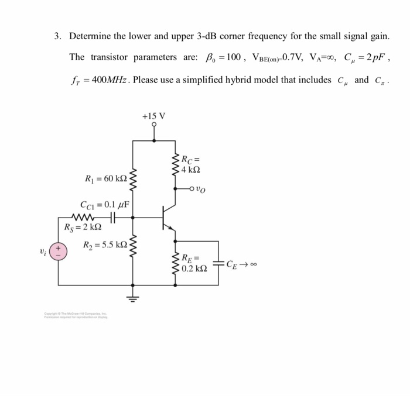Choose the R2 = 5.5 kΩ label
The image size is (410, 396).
click(x=105, y=245)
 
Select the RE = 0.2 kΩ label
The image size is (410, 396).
click(x=194, y=264)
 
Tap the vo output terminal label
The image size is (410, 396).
click(x=201, y=189)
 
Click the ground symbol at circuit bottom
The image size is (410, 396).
click(x=132, y=295)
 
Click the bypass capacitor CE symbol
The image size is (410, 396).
click(x=218, y=264)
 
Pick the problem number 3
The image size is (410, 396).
click(x=57, y=36)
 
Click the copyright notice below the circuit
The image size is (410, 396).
click(x=79, y=316)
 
